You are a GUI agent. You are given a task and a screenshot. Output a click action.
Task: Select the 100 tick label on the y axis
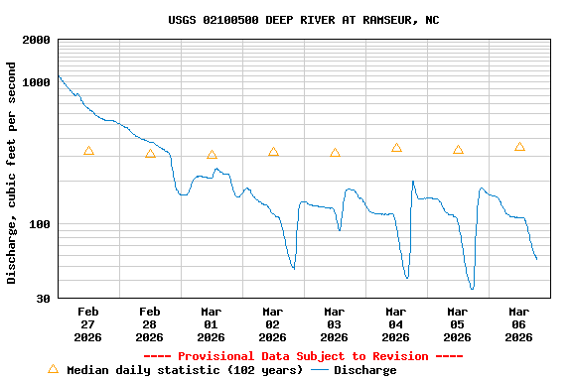click(41, 224)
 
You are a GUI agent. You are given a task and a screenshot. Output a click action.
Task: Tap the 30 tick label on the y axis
click(45, 299)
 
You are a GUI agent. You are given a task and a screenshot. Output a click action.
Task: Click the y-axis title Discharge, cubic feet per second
click(12, 173)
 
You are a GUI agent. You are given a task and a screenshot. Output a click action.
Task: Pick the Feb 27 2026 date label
click(88, 324)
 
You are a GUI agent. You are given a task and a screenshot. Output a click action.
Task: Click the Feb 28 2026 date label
click(150, 324)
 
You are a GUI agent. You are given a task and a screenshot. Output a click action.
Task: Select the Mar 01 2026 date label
click(212, 324)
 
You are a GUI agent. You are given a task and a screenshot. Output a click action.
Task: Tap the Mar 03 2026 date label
click(335, 324)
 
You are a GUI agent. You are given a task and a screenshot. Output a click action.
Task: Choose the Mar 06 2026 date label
click(519, 324)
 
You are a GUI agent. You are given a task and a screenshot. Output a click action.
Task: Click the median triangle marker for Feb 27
click(88, 151)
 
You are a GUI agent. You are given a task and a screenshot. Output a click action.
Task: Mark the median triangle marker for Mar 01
click(212, 155)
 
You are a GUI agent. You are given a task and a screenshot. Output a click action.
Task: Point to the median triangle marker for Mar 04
click(396, 148)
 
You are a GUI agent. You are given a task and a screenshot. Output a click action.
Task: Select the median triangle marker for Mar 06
click(519, 147)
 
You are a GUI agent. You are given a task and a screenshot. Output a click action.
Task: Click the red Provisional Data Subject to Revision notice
click(303, 356)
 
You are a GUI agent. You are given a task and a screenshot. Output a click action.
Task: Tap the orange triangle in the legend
click(53, 369)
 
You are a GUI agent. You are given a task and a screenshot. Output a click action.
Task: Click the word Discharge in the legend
click(364, 370)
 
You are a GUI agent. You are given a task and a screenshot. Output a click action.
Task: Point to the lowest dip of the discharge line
click(472, 289)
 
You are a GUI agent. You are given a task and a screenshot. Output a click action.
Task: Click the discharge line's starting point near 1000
click(60, 76)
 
